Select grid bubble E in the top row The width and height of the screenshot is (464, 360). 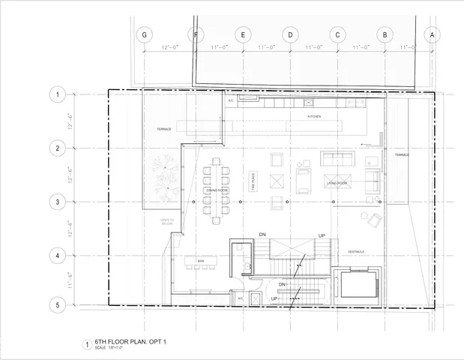tap(243, 34)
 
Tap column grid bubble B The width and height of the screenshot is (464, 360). tap(385, 34)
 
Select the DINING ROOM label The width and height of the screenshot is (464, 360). tap(217, 190)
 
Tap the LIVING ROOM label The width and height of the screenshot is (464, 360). tap(336, 183)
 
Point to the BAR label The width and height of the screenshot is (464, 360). tap(201, 261)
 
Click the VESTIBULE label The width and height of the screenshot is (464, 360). tap(355, 252)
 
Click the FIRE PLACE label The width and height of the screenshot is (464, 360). tap(254, 182)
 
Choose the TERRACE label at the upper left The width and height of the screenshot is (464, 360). tap(164, 129)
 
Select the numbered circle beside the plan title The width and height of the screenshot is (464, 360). tap(87, 345)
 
